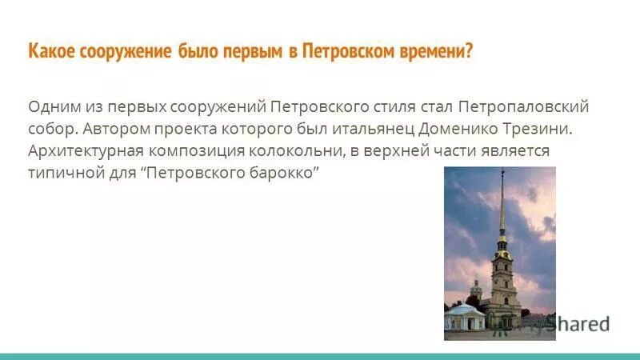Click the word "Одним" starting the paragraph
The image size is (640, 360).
click(51, 106)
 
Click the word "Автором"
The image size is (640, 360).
click(113, 129)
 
